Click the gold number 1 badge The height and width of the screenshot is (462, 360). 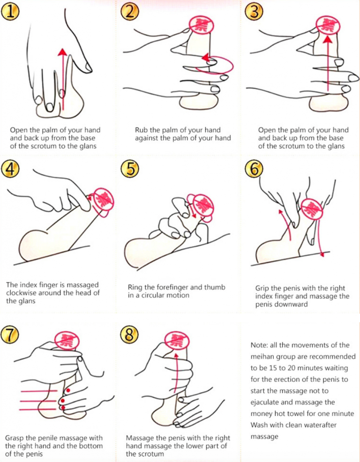click(x=10, y=13)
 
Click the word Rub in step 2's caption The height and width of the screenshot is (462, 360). click(x=141, y=130)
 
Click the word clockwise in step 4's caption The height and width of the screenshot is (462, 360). click(x=21, y=293)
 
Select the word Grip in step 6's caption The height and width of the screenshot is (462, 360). click(x=262, y=288)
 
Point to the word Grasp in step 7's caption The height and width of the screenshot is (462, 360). click(x=15, y=438)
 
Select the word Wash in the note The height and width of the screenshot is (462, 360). click(x=258, y=425)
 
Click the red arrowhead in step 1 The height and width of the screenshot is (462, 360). click(x=62, y=52)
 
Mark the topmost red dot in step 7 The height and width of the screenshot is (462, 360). click(x=68, y=390)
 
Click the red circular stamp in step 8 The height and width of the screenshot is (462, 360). click(x=176, y=341)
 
